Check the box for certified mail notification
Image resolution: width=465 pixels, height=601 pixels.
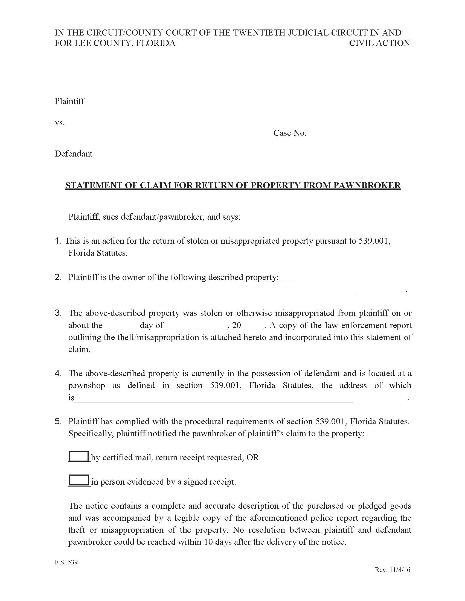click(x=79, y=456)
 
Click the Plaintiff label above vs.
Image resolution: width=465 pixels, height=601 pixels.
click(x=70, y=101)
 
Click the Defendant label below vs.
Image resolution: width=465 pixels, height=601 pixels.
click(x=73, y=154)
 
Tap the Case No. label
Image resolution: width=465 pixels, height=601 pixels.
click(x=290, y=133)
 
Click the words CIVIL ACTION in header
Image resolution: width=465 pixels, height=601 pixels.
click(x=379, y=43)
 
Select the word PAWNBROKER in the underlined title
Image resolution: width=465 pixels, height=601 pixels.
click(x=367, y=185)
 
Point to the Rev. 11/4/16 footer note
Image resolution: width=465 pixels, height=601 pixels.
click(x=392, y=570)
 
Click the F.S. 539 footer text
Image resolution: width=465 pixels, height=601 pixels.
click(x=66, y=562)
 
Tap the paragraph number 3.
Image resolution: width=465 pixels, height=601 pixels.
click(x=58, y=313)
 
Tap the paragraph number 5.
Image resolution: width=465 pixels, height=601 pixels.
click(x=58, y=421)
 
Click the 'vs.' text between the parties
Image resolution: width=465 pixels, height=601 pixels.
click(x=60, y=122)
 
